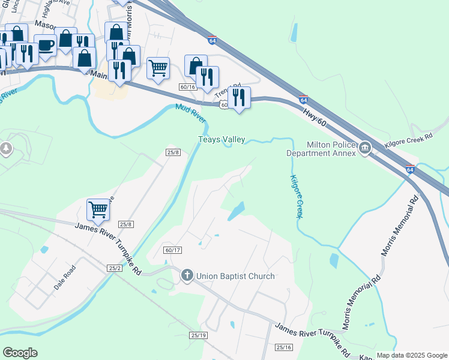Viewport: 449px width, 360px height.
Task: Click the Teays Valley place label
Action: (221, 140)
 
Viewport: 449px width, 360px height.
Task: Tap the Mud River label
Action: (190, 114)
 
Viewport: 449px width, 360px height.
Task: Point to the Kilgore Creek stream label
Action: (295, 197)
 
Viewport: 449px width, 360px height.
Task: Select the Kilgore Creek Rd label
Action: (409, 138)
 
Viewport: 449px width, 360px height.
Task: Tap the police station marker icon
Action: (364, 148)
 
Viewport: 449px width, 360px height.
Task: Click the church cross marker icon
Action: (187, 276)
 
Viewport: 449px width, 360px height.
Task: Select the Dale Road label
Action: (65, 278)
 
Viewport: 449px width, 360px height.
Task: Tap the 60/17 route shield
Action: (172, 250)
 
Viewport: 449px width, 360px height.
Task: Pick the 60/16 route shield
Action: (188, 86)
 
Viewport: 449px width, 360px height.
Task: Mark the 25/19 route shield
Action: (198, 335)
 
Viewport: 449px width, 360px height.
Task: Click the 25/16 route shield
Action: (284, 347)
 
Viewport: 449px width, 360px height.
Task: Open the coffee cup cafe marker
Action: (45, 44)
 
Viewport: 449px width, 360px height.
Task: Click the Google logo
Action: (20, 353)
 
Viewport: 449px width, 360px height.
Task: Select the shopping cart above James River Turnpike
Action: (98, 209)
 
